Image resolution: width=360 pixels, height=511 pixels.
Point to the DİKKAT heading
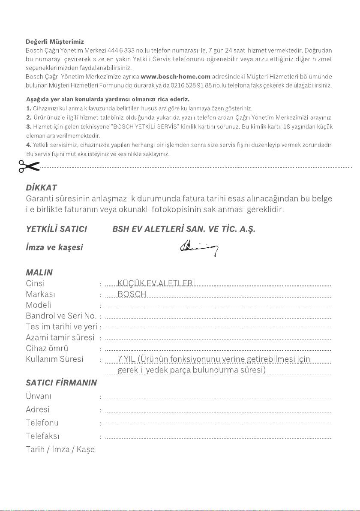point(42,188)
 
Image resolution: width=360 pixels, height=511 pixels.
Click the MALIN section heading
point(39,273)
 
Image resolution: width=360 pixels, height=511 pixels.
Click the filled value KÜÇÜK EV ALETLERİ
point(156,283)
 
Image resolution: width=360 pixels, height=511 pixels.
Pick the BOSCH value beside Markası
point(132,295)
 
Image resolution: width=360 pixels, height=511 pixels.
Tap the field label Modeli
point(39,305)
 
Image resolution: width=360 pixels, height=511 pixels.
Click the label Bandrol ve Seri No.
point(61,316)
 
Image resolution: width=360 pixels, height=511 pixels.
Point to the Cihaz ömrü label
point(47,348)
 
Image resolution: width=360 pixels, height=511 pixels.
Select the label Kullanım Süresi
point(54,359)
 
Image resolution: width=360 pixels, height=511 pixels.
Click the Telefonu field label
point(42,423)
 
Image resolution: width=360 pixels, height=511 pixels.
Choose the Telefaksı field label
point(42,436)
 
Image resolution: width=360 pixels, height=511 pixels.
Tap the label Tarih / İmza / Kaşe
point(60,450)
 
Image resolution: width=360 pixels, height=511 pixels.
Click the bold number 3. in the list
point(29,127)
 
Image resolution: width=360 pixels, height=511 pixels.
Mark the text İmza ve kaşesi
point(54,248)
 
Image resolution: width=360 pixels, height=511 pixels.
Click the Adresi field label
point(38,409)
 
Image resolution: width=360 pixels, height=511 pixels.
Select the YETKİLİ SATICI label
point(57,229)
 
